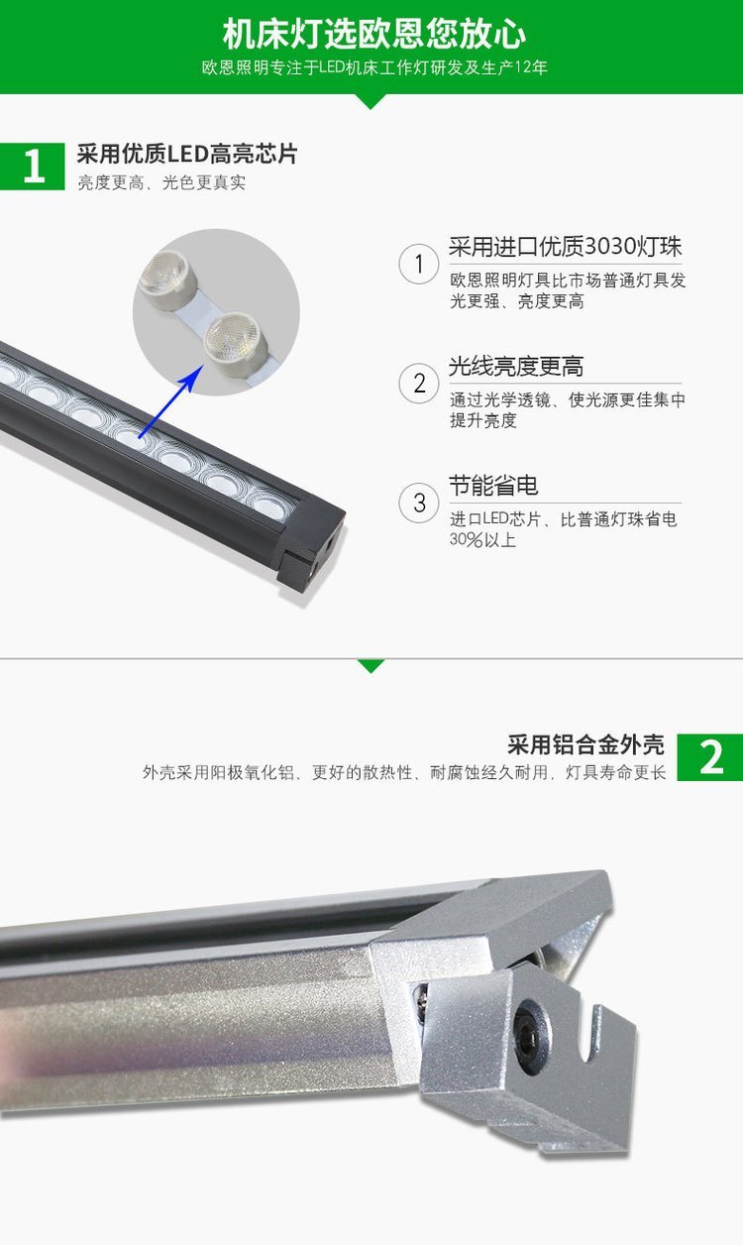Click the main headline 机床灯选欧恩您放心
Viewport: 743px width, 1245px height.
click(373, 34)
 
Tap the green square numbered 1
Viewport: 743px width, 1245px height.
click(33, 167)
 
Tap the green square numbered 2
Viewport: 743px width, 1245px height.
click(710, 757)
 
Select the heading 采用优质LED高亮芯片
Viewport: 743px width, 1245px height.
click(187, 154)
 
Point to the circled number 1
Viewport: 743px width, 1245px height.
click(419, 264)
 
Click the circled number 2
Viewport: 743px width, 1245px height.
click(419, 384)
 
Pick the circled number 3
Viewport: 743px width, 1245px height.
click(419, 503)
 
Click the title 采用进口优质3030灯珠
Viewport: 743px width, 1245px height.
click(566, 246)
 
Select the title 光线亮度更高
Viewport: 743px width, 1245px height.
click(516, 367)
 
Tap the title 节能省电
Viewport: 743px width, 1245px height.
click(493, 486)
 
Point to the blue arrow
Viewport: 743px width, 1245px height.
click(169, 401)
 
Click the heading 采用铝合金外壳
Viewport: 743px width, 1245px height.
click(585, 744)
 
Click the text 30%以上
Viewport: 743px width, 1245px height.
click(483, 539)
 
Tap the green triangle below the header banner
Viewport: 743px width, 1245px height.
click(370, 101)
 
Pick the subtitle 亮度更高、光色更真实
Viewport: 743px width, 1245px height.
click(161, 182)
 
